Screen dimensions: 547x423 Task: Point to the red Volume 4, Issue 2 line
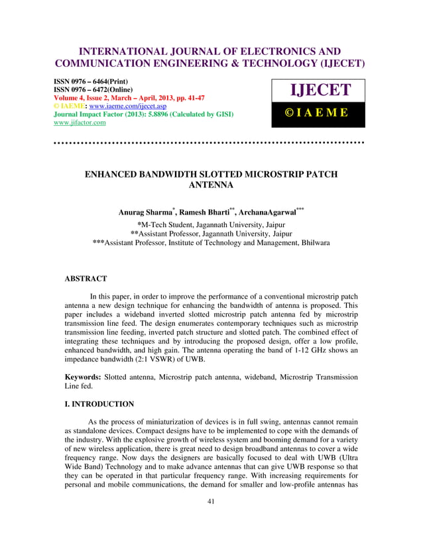click(x=127, y=97)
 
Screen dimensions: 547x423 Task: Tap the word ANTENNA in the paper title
click(x=211, y=186)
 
